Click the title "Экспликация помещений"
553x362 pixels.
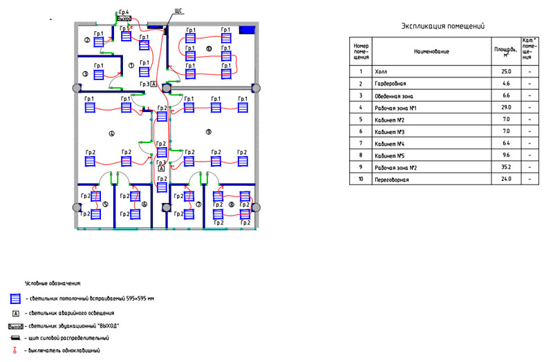click(442, 26)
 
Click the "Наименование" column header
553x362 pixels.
click(432, 51)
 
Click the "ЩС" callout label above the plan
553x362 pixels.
click(178, 13)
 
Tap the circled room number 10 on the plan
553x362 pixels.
click(208, 48)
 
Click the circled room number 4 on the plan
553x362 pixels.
click(111, 132)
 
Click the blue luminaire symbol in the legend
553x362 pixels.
click(14, 299)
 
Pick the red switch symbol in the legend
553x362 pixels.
click(15, 351)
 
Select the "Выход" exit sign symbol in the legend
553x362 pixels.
click(15, 325)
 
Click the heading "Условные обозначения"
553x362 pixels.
click(53, 284)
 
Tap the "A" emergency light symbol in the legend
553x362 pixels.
click(14, 313)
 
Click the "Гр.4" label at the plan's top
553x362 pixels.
click(124, 12)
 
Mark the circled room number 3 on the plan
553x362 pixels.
click(85, 73)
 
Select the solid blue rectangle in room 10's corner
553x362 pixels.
click(247, 30)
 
